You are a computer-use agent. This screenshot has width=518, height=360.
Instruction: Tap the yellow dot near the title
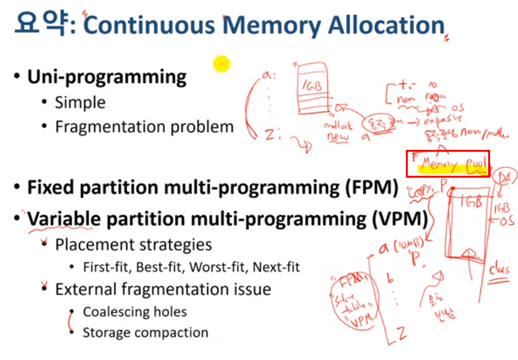pos(222,63)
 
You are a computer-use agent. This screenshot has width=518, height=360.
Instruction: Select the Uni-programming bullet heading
pos(106,77)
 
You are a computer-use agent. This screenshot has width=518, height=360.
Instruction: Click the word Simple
pos(80,102)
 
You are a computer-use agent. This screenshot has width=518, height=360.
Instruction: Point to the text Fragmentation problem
pos(144,126)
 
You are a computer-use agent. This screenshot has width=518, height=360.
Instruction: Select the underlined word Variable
pos(64,219)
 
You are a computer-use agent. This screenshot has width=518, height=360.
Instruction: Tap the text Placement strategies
pos(133,245)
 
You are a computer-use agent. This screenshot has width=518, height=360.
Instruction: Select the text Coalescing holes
pos(135,311)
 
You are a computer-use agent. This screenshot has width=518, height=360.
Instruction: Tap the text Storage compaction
pos(145,333)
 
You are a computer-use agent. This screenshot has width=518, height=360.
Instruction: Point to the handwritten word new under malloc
pos(338,138)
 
